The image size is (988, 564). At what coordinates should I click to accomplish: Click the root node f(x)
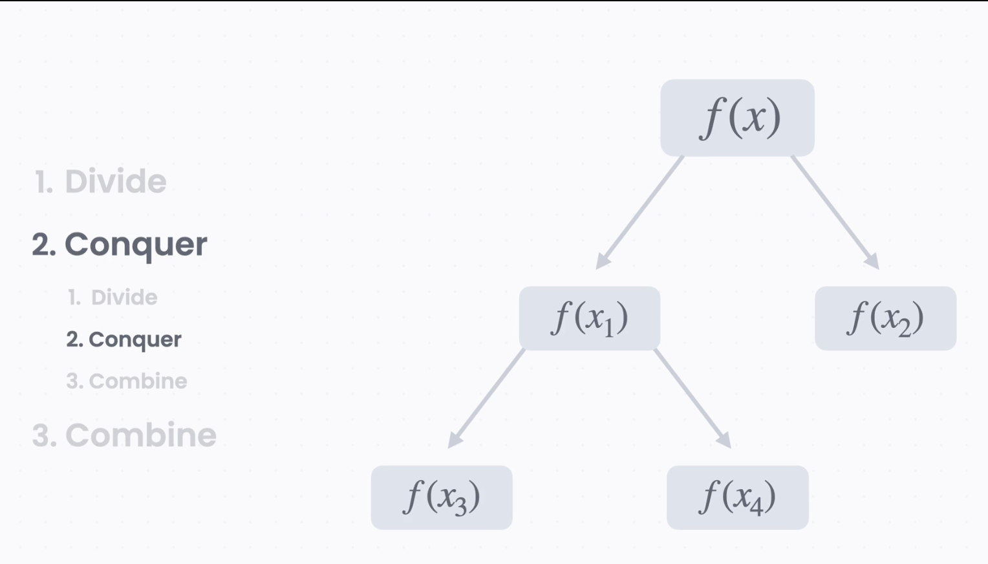(737, 118)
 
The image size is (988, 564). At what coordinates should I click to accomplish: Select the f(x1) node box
(589, 318)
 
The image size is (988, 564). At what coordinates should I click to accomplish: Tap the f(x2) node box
(885, 318)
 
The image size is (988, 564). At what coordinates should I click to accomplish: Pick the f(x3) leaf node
(442, 497)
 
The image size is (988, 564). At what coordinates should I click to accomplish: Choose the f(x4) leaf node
(737, 497)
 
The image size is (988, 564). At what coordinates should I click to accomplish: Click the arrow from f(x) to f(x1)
(640, 212)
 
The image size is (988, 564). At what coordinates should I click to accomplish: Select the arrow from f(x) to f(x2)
(834, 212)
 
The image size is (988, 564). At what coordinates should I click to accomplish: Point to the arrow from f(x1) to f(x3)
(487, 397)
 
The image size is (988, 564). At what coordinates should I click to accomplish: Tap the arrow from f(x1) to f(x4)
(692, 397)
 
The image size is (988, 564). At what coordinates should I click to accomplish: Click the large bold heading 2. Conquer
(120, 244)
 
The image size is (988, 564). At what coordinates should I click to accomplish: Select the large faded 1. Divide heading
(100, 181)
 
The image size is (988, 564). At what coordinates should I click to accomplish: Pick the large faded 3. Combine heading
(124, 435)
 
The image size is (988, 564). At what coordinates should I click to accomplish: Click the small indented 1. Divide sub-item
(113, 298)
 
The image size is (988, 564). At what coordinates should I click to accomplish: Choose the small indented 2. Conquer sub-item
(124, 340)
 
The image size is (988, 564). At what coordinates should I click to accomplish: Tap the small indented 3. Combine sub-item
(126, 382)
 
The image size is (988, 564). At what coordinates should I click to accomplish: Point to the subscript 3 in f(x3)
(460, 506)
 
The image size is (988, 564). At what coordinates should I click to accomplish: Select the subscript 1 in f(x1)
(608, 328)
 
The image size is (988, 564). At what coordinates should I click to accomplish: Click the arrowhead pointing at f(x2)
(874, 263)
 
